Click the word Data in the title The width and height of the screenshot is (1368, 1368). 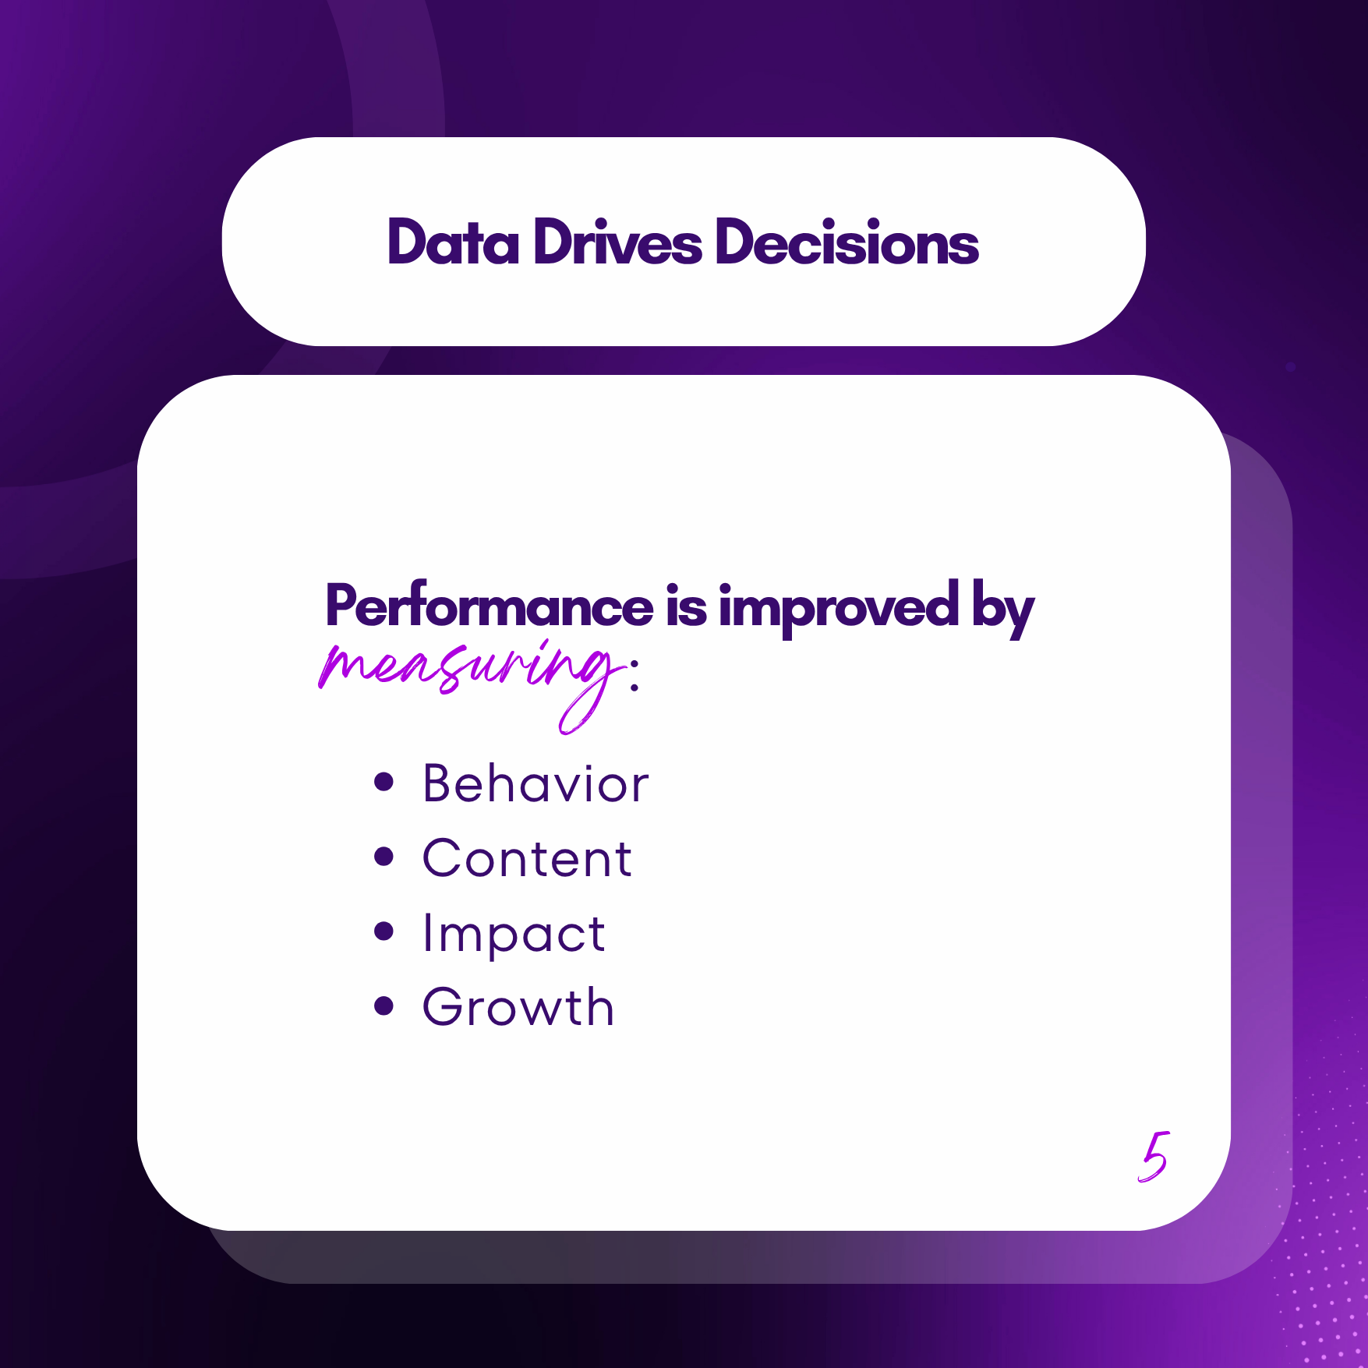point(453,242)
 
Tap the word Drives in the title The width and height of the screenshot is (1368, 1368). point(617,242)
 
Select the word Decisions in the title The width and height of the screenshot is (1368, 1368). point(847,242)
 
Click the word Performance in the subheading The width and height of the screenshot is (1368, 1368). point(490,606)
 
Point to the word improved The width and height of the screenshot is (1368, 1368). point(839,609)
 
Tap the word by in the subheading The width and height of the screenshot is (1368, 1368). point(1003,609)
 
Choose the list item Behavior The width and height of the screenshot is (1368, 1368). point(536,783)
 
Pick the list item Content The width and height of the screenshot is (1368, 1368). point(527,858)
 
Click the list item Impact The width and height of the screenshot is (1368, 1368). point(514,934)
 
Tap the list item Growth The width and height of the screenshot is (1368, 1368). point(518,1006)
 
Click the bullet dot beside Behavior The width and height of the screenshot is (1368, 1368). point(384,781)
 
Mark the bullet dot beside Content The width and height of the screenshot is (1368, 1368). point(384,856)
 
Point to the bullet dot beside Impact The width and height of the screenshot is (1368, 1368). point(384,931)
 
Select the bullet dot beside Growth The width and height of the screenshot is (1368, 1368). point(384,1006)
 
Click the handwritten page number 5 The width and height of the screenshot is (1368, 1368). point(1154,1157)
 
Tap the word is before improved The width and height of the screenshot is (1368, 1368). point(687,606)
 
